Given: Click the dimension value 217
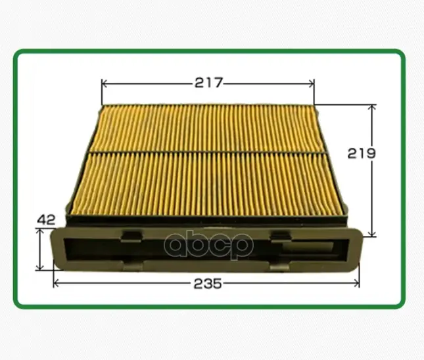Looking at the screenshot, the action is pyautogui.click(x=208, y=83).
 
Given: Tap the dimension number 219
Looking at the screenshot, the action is pyautogui.click(x=362, y=153).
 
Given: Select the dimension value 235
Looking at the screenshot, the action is pyautogui.click(x=208, y=284).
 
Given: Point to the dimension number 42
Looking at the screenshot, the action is pyautogui.click(x=46, y=220).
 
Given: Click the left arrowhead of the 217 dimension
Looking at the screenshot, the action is pyautogui.click(x=105, y=84).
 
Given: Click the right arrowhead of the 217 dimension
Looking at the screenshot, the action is pyautogui.click(x=310, y=84).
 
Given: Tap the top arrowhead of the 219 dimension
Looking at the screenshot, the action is pyautogui.click(x=372, y=108).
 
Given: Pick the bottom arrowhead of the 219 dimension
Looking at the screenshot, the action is pyautogui.click(x=372, y=233).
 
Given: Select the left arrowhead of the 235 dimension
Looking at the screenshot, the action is pyautogui.click(x=57, y=283).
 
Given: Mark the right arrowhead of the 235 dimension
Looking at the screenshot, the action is pyautogui.click(x=356, y=283).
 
